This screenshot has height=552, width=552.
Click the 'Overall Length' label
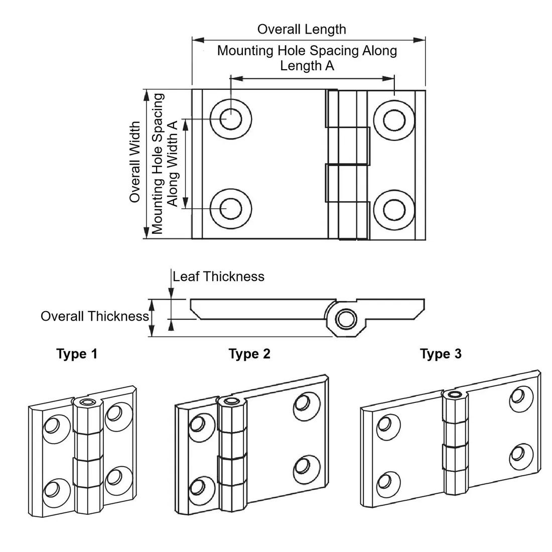[302, 29]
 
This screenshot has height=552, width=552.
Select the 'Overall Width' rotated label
[135, 162]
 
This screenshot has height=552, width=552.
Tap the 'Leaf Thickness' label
[218, 277]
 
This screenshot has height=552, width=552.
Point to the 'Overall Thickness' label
[95, 316]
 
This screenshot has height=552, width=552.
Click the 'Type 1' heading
[77, 354]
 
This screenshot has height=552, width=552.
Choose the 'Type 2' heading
[249, 354]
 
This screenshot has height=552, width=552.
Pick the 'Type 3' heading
[441, 354]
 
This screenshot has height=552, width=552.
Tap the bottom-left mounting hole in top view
[231, 208]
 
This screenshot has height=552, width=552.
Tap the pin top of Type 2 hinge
[231, 401]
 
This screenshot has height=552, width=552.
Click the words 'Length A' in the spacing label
[307, 66]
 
